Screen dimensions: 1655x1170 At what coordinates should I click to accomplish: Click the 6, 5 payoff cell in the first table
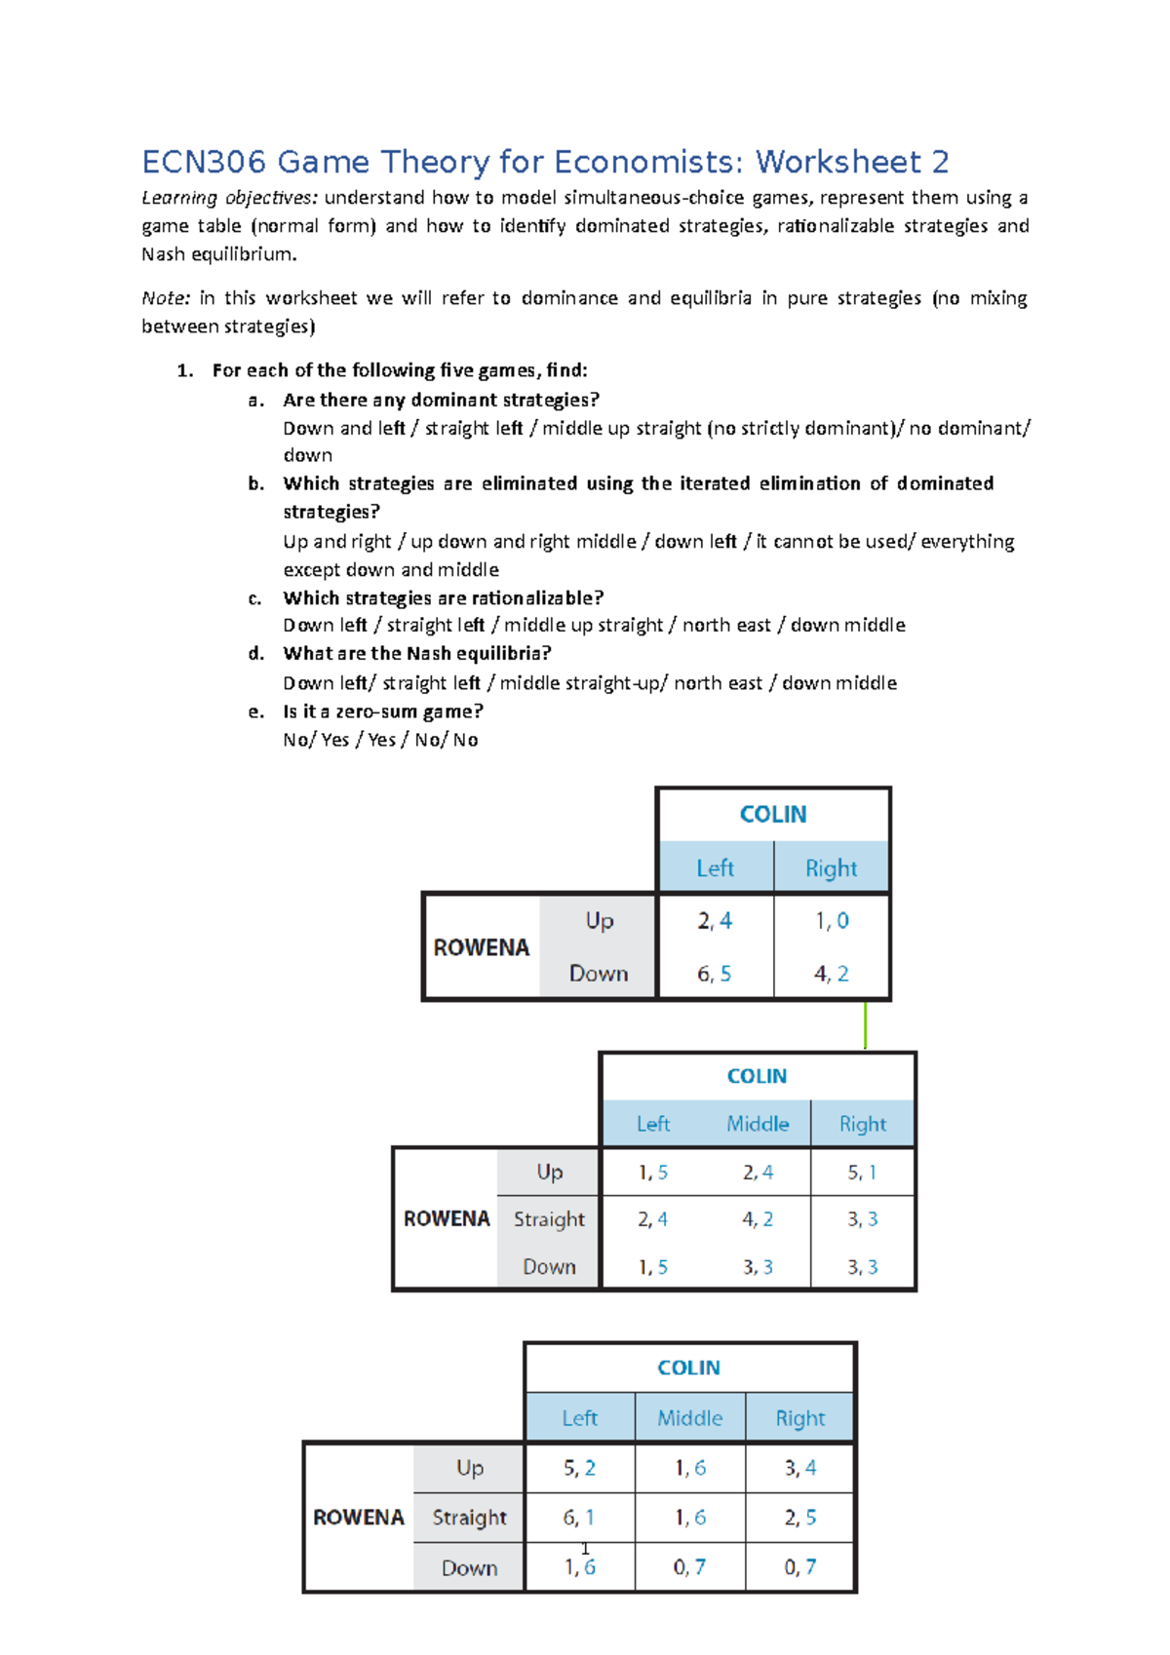[714, 974]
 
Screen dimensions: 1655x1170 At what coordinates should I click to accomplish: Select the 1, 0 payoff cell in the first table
[832, 921]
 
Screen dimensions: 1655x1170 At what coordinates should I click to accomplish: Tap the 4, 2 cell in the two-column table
[832, 974]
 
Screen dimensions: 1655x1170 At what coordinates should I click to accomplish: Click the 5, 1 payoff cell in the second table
[862, 1173]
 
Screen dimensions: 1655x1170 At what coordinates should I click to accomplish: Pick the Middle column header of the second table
[758, 1124]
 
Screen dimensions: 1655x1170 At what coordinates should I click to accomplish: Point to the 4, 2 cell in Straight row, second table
[758, 1219]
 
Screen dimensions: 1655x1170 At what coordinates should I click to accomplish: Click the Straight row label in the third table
[469, 1518]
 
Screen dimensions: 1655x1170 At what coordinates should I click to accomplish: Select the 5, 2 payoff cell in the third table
[579, 1468]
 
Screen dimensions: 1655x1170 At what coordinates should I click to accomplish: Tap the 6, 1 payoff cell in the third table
[579, 1518]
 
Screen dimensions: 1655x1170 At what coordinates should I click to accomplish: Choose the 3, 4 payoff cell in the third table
[800, 1468]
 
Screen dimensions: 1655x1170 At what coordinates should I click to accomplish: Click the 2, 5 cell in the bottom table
[800, 1518]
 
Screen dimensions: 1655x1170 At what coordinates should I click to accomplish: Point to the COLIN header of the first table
[773, 815]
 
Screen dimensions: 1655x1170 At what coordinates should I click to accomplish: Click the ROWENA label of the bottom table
[359, 1518]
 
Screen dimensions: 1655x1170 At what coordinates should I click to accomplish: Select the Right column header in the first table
[832, 868]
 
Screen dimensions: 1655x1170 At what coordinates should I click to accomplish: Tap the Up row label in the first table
[600, 921]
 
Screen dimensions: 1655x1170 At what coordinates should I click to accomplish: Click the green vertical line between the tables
[865, 1025]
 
